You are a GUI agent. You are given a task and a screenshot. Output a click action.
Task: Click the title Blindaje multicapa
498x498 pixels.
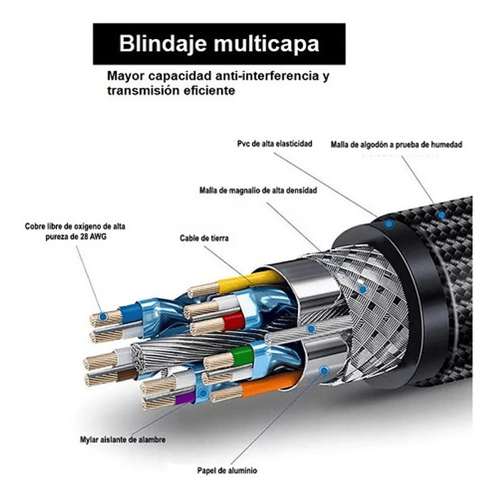point(219,44)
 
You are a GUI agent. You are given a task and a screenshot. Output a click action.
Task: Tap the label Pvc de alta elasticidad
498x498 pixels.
point(275,144)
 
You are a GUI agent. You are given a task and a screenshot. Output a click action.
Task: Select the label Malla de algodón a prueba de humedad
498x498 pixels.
point(396,144)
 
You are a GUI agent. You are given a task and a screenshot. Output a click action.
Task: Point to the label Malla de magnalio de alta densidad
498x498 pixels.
point(258,191)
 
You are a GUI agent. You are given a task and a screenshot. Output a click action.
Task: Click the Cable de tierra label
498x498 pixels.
point(203,238)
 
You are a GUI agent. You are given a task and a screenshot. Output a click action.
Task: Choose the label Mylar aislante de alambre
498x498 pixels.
point(122,440)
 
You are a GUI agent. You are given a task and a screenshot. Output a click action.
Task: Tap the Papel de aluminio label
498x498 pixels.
point(228,471)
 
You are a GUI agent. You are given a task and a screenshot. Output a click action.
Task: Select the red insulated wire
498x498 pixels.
point(233,322)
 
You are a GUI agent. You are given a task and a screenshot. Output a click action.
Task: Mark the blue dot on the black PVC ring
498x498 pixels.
point(389,224)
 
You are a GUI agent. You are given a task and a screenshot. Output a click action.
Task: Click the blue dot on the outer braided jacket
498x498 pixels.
point(442,214)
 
